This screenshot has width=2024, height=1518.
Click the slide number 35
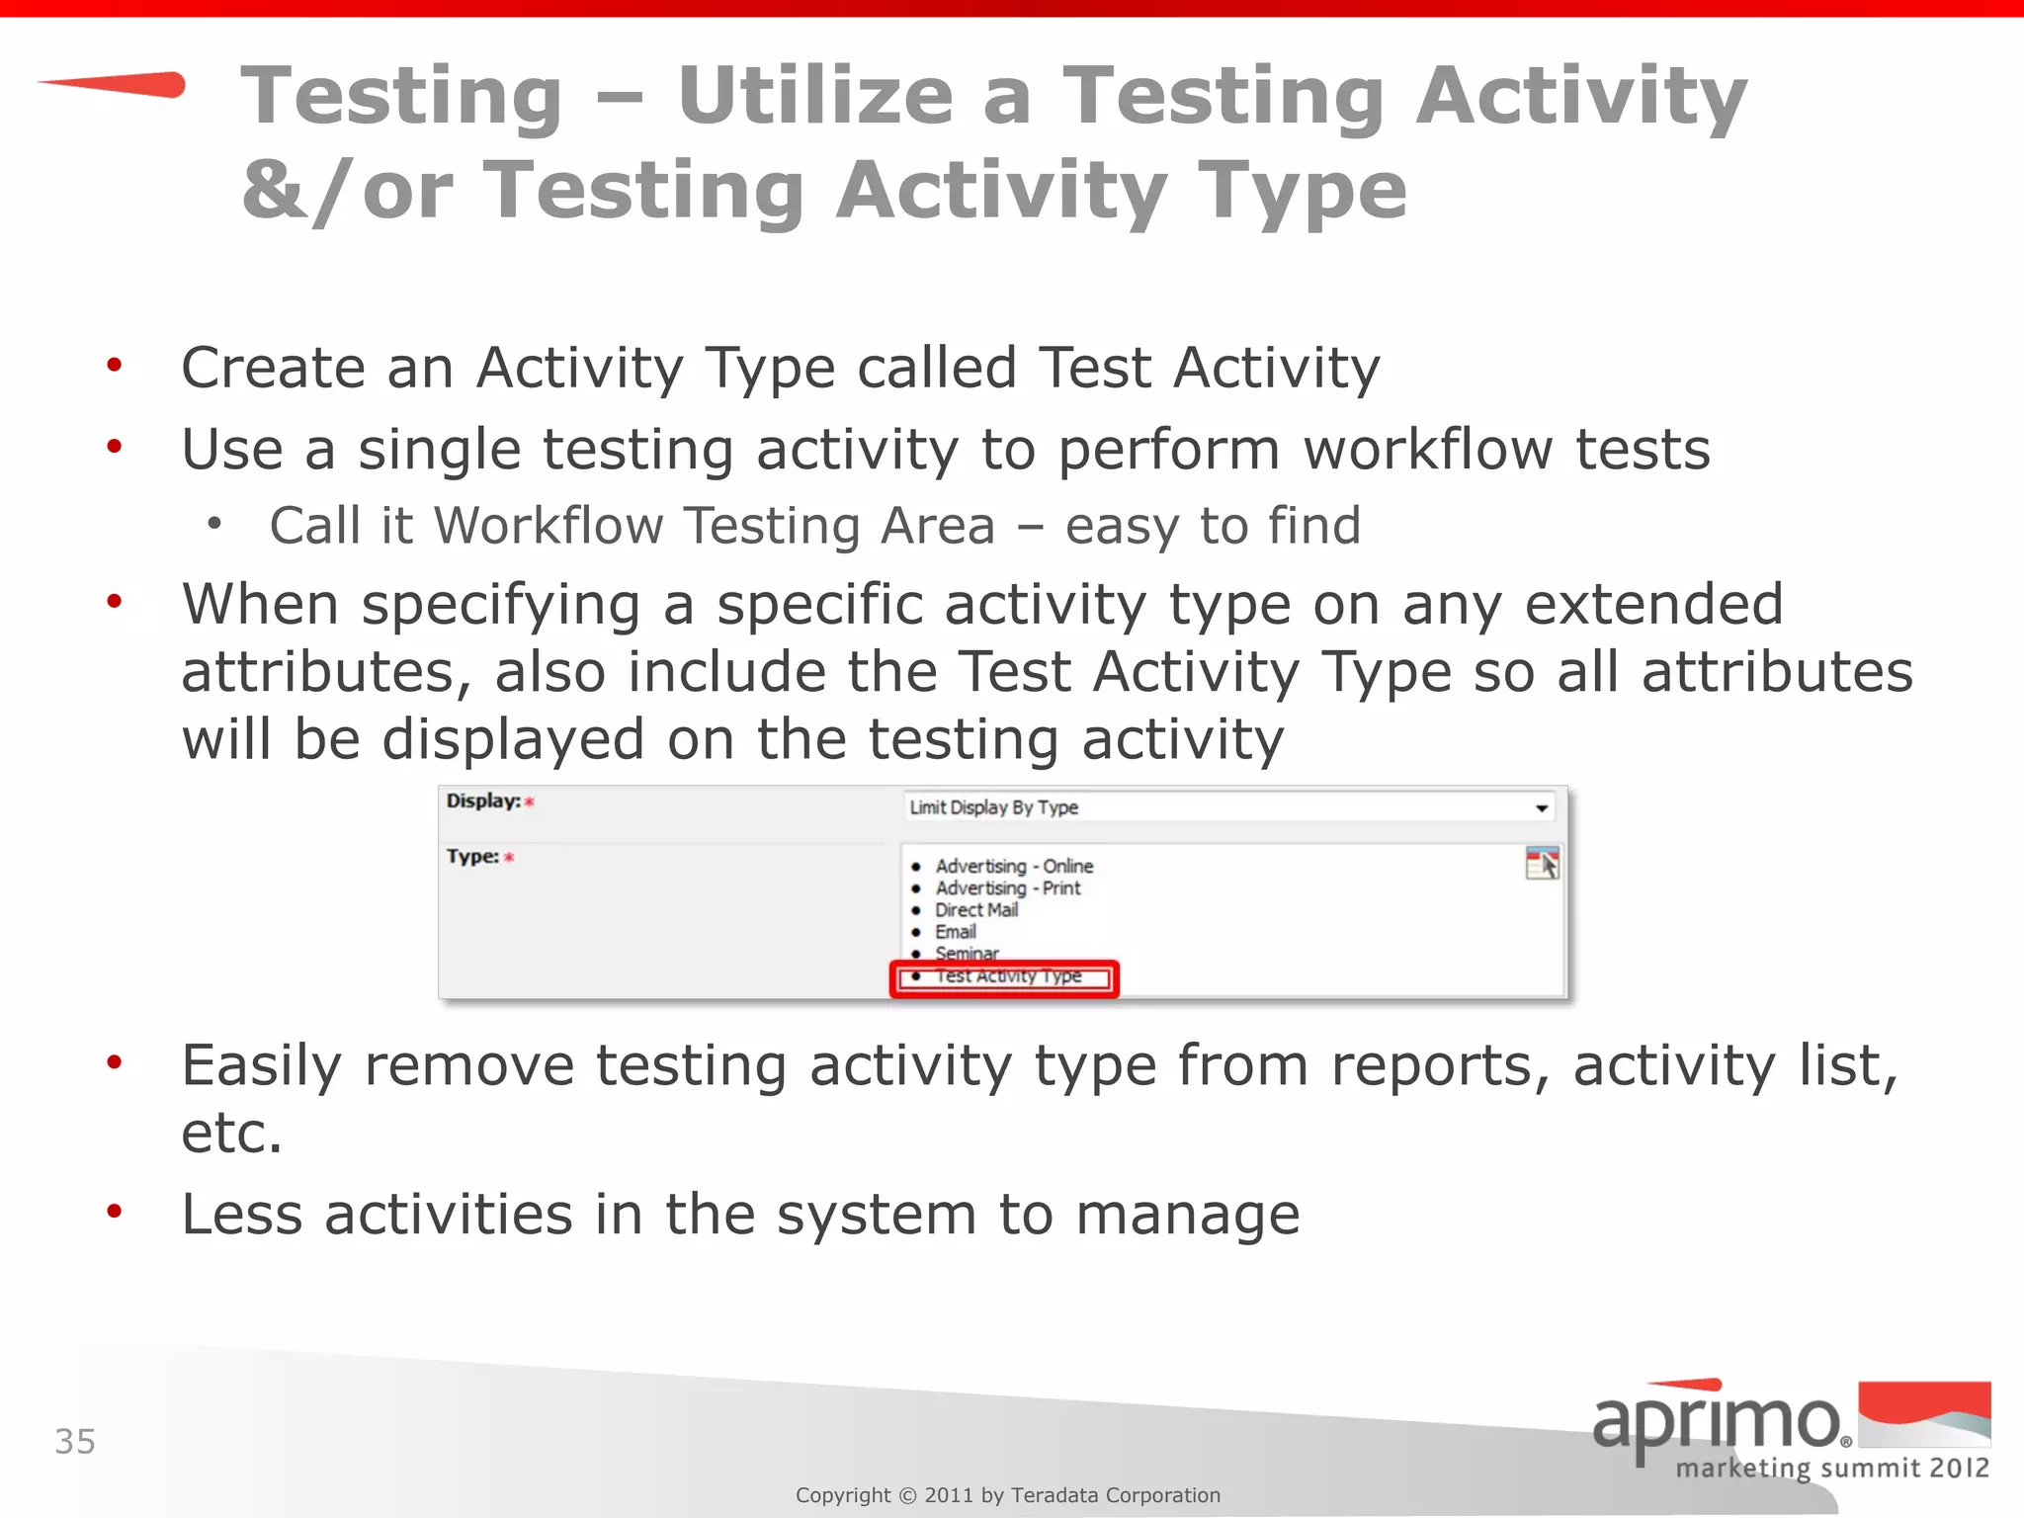75,1442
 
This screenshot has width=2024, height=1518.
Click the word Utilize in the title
815,96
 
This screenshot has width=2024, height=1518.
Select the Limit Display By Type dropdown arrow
1541,808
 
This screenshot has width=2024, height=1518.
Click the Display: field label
483,801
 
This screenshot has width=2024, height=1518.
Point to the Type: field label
472,856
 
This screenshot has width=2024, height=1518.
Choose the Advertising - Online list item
1014,866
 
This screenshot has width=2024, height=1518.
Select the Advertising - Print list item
1008,887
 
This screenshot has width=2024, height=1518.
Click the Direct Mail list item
976,910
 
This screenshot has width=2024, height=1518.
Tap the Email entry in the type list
956,932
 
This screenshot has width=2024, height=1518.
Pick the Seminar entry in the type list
967,953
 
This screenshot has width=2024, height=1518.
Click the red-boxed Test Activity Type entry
1007,976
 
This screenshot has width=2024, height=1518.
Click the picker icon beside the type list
1542,863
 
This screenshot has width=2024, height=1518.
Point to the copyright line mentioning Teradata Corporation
1008,1495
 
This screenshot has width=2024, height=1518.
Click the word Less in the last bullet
242,1214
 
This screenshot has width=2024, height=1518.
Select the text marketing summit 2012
1832,1468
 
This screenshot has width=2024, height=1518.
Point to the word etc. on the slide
231,1133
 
